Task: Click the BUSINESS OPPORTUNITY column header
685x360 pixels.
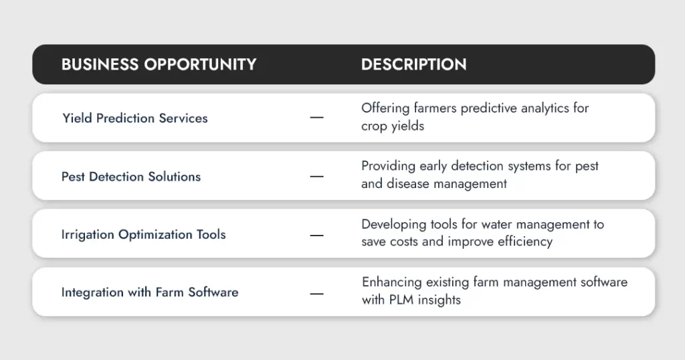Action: click(x=159, y=64)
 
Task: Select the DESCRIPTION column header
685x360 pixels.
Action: click(x=413, y=64)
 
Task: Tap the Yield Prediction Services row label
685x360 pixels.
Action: click(x=135, y=118)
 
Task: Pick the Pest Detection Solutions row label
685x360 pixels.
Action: click(x=131, y=177)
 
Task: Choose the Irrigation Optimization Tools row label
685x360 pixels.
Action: click(x=143, y=235)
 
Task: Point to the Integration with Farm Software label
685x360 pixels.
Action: click(x=150, y=292)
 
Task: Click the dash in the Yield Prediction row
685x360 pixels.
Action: click(x=316, y=118)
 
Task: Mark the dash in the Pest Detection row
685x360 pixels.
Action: click(x=316, y=177)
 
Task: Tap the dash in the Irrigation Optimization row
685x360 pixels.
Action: click(x=316, y=235)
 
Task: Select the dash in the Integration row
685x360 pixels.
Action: click(x=316, y=294)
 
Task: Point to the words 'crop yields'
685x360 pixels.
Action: click(x=393, y=126)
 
